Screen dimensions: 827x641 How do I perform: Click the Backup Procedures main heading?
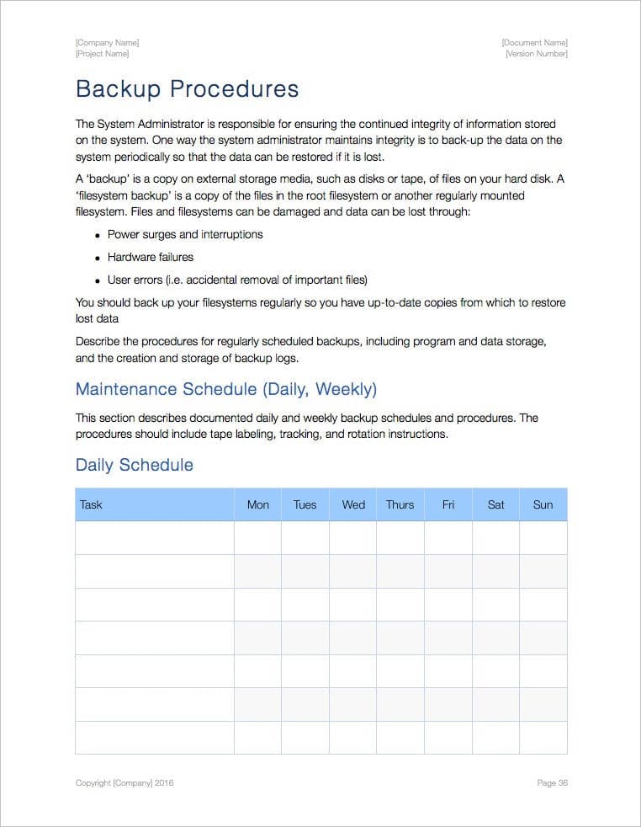pos(187,89)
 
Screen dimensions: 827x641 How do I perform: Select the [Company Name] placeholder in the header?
pos(107,42)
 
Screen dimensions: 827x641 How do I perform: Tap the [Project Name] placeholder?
pos(102,54)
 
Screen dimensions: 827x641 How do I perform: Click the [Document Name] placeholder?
pos(534,42)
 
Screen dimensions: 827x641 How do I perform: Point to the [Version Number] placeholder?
pos(536,54)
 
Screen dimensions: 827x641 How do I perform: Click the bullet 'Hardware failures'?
pos(150,257)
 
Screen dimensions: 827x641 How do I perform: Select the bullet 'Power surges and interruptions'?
pos(184,234)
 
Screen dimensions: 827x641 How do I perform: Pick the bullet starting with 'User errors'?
pos(236,280)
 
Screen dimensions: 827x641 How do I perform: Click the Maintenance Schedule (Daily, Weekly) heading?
pos(225,389)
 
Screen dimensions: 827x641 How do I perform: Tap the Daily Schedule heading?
pos(134,465)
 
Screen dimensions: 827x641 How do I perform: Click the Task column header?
pos(91,504)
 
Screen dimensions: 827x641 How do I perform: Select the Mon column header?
pos(257,504)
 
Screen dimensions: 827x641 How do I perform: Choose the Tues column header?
pos(305,504)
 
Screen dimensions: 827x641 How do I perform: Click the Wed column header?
pos(353,504)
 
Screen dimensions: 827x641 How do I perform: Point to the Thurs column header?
pos(400,504)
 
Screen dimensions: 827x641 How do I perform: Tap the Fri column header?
pos(448,504)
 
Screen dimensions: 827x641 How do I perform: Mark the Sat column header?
pos(495,504)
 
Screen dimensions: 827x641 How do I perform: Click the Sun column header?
pos(543,504)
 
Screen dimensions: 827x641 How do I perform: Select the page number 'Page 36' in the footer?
pos(552,783)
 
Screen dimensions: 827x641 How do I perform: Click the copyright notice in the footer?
pos(124,783)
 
